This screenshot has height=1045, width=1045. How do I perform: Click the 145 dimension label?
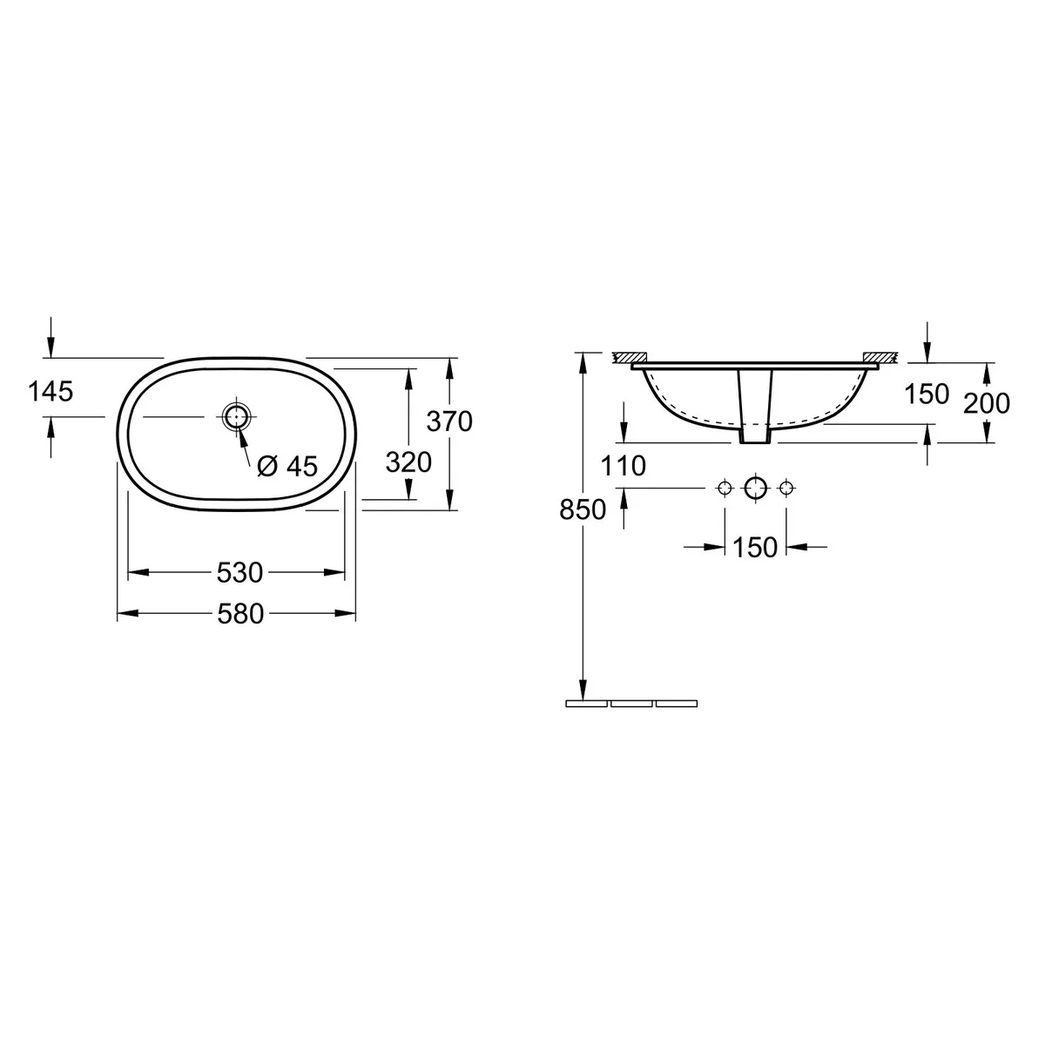pyautogui.click(x=51, y=392)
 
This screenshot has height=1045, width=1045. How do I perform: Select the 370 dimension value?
pyautogui.click(x=449, y=421)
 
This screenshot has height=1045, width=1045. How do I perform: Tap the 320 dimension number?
pyautogui.click(x=408, y=462)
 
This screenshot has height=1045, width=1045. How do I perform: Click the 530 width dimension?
pyautogui.click(x=239, y=573)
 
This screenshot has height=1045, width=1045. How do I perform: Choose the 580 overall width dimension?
pyautogui.click(x=240, y=614)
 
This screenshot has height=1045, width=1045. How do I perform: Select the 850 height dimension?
pyautogui.click(x=583, y=509)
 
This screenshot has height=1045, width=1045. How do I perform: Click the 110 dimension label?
pyautogui.click(x=624, y=467)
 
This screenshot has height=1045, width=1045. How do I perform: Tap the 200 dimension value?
pyautogui.click(x=987, y=403)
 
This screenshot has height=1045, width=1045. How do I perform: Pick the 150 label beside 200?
pyautogui.click(x=927, y=394)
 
